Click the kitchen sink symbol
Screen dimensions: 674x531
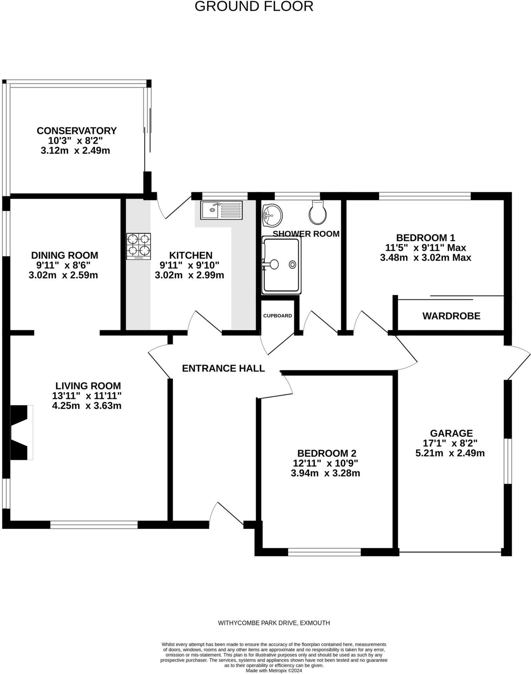(221, 210)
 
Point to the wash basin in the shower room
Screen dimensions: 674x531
(272, 215)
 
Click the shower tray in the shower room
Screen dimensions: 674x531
(281, 265)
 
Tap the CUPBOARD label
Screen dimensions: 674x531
(277, 316)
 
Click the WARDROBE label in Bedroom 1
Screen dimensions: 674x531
(451, 316)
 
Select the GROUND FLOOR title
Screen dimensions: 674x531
(254, 6)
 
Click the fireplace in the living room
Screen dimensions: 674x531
(21, 432)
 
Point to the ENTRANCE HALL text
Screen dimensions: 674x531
(223, 368)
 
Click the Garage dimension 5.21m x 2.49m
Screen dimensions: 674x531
(450, 453)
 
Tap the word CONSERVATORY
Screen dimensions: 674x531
(77, 131)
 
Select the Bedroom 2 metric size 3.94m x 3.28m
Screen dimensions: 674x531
(325, 473)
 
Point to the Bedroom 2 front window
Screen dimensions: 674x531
(324, 552)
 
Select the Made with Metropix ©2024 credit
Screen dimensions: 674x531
(274, 670)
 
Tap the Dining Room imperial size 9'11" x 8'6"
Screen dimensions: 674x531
(65, 265)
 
